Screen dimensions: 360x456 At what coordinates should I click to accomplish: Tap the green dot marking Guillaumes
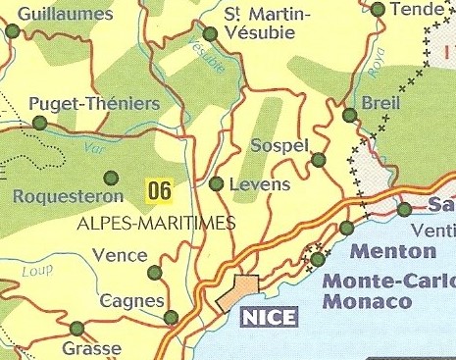coord(13,31)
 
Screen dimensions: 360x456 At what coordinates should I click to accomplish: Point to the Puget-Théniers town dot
coord(40,123)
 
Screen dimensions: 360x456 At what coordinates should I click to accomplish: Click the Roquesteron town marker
coord(111,178)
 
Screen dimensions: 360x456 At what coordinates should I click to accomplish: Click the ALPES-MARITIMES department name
coord(156,224)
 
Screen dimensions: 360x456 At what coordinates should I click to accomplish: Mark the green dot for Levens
coord(217,183)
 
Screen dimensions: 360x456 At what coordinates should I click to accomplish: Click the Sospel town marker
coord(318,160)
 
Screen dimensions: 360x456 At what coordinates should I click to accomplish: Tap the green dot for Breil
coord(349,116)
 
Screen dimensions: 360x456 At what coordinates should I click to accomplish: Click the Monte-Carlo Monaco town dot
coord(318,260)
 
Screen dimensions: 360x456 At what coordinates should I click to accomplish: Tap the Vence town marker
coord(154,273)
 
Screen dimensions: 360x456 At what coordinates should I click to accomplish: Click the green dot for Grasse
coord(76,329)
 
